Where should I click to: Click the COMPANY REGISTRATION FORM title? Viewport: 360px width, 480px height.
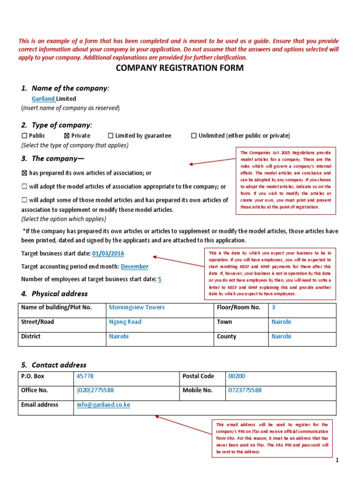point(180,68)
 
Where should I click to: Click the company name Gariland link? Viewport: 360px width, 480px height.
point(43,99)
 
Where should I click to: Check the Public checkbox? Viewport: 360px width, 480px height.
point(24,136)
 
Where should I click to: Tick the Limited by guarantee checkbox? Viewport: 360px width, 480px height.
point(111,136)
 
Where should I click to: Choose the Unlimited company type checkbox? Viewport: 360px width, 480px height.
point(194,136)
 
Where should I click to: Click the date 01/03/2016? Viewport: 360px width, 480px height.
point(108,254)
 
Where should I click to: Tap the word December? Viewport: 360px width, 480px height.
point(135,267)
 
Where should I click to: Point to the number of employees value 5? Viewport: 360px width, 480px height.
point(160,279)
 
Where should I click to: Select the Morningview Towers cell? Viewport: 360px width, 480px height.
point(136,308)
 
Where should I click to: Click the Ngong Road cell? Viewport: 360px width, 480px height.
point(125,322)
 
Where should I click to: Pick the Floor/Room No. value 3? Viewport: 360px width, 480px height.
point(273,308)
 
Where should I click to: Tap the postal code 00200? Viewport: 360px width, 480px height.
point(236,376)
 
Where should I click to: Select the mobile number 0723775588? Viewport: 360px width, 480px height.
point(245,390)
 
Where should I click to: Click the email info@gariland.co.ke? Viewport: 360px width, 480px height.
point(103,405)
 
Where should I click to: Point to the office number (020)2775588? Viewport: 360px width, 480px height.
point(95,390)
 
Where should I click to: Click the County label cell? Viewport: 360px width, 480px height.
point(226,337)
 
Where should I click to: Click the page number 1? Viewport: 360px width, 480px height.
point(337,461)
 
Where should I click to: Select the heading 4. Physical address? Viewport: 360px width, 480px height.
point(54,294)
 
